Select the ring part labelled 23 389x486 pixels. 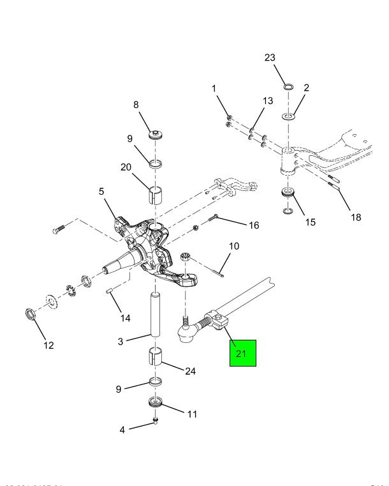point(288,86)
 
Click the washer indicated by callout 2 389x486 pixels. point(288,117)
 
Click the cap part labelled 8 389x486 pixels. point(156,135)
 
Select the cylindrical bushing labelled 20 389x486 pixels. point(156,194)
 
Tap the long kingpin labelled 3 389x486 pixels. point(156,313)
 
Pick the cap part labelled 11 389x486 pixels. point(155,403)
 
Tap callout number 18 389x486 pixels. point(355,216)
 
